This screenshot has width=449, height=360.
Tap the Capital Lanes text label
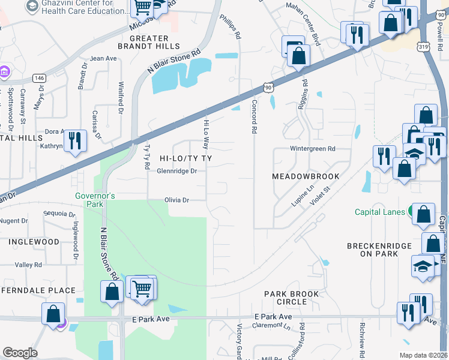click(380, 212)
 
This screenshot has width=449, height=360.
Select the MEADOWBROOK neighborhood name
click(306, 176)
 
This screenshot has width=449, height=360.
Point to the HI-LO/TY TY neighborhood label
click(185, 158)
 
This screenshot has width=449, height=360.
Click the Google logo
click(20, 353)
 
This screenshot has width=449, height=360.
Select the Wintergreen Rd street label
click(312, 148)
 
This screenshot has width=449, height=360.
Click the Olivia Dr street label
click(177, 200)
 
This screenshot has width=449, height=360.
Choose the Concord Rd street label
click(254, 118)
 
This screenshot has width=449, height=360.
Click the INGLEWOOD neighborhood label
click(34, 242)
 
